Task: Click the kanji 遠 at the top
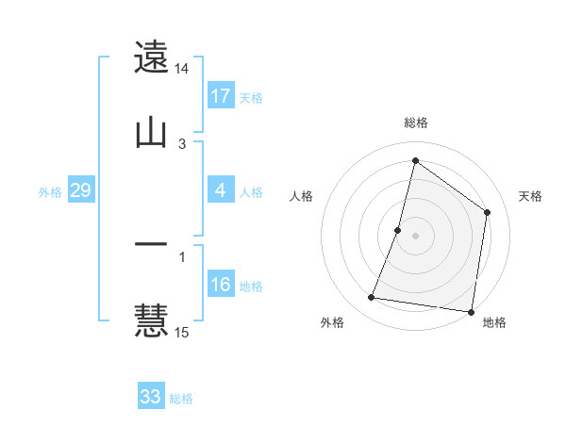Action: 152,58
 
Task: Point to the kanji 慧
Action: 152,320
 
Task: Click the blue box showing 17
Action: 221,96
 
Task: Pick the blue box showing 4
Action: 221,191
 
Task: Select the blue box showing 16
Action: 221,285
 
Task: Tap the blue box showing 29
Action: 81,191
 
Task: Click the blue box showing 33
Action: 151,397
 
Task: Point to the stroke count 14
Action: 182,69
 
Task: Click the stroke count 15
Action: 182,332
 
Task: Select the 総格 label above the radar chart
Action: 416,123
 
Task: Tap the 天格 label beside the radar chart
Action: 530,196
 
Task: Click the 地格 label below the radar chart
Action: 494,322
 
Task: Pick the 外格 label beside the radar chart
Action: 332,322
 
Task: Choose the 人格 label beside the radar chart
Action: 301,196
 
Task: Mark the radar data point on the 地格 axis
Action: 471,311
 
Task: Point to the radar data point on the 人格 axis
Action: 398,229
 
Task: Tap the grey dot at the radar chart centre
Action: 415,235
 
